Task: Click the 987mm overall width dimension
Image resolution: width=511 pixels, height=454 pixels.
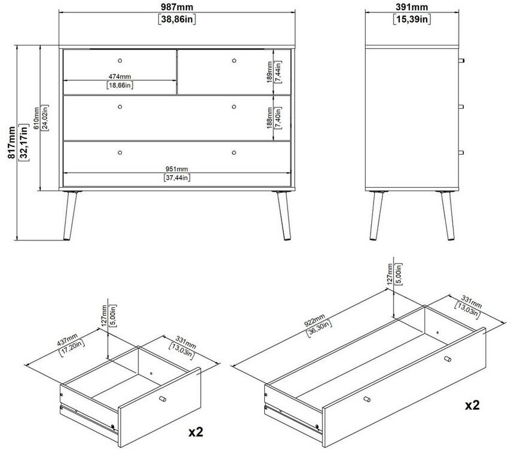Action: point(177,7)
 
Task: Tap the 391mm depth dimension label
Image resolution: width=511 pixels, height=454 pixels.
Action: point(412,7)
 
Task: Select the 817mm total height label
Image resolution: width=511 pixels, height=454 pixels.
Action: point(12,143)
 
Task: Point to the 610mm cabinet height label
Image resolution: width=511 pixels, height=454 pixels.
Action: point(36,118)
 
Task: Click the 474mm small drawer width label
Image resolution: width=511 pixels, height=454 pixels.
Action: point(120,77)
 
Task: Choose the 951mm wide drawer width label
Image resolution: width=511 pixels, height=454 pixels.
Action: point(177,169)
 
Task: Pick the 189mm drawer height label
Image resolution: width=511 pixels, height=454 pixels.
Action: point(270,72)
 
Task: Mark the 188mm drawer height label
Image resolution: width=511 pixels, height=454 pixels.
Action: point(270,118)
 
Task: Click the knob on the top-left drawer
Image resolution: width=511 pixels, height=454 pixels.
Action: point(120,60)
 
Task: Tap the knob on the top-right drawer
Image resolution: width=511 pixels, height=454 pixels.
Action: point(234,60)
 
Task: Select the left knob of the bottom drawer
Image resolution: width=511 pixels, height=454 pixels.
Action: point(120,152)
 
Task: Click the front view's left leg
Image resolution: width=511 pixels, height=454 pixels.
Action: point(70,216)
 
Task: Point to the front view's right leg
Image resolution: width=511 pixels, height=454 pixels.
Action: point(284,216)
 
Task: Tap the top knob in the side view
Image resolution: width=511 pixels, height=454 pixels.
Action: point(461,60)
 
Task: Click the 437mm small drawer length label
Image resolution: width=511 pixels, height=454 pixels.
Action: point(67,340)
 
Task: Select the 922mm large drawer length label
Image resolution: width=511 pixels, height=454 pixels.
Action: point(314,320)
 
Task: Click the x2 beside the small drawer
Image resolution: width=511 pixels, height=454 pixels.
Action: point(196,432)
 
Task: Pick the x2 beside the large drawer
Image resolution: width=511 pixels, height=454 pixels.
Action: point(472,405)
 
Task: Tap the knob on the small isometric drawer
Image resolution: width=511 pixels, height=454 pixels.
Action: point(163,399)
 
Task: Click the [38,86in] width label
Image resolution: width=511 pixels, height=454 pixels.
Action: point(177,19)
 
